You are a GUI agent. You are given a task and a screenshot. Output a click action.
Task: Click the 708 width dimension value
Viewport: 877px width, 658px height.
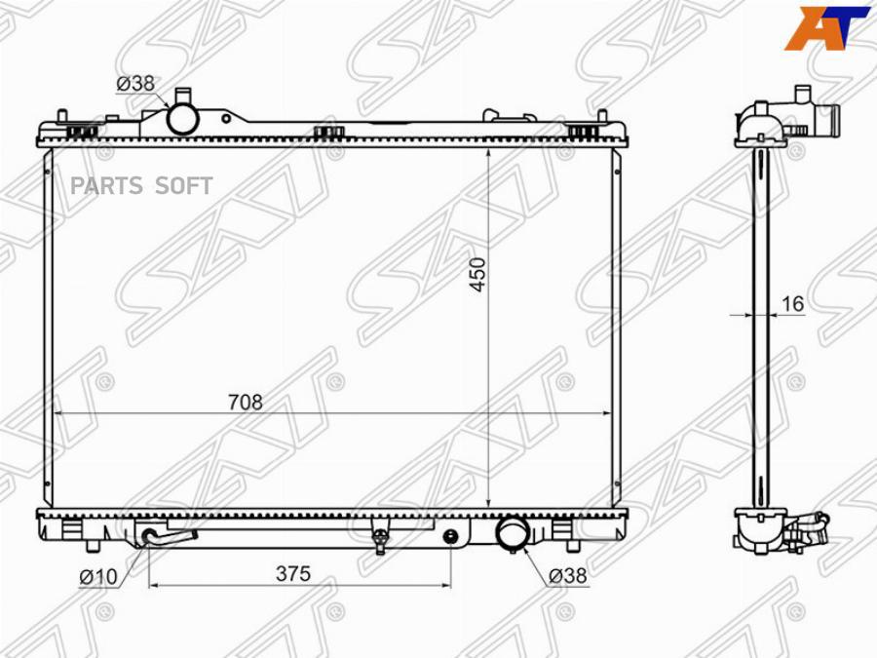coord(245,402)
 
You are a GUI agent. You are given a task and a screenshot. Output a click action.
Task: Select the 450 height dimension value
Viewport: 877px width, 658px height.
coord(478,274)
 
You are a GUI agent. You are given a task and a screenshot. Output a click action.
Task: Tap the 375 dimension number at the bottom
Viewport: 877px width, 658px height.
coord(293,573)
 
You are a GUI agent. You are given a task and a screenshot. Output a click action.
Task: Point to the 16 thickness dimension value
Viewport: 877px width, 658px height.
coord(792,304)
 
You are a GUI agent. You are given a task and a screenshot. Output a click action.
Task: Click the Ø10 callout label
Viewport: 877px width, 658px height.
coord(98,576)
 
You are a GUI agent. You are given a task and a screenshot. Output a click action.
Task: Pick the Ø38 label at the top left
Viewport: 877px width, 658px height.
coord(135,84)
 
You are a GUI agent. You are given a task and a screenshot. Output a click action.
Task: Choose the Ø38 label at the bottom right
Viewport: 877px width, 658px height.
coord(568,575)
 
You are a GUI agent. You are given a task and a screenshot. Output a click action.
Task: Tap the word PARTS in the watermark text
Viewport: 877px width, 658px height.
coord(107,186)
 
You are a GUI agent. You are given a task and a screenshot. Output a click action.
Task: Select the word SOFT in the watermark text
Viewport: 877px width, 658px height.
coord(184,186)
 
